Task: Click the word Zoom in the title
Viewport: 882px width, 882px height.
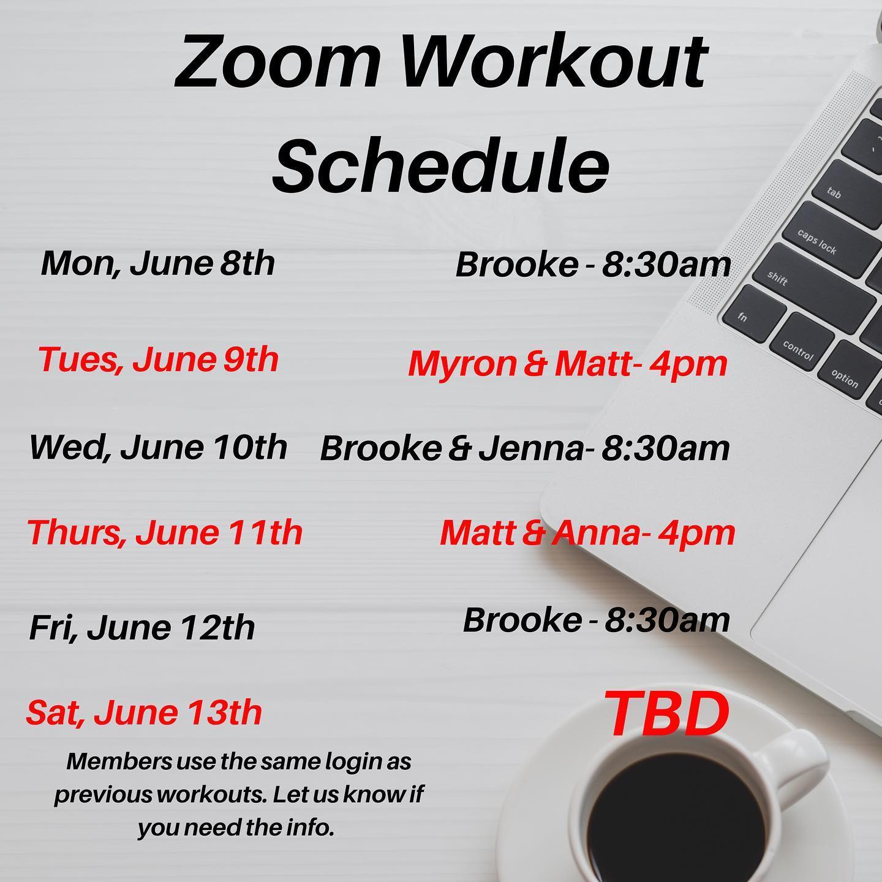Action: click(277, 62)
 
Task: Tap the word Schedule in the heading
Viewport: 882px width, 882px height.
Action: click(441, 164)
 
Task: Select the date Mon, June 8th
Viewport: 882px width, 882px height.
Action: click(158, 264)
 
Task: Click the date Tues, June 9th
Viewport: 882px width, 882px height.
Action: click(159, 360)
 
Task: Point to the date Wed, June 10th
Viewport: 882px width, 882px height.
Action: click(159, 447)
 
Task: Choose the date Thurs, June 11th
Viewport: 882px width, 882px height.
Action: click(165, 532)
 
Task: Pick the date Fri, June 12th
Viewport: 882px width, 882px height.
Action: click(142, 628)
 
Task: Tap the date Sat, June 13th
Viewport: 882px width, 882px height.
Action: click(144, 713)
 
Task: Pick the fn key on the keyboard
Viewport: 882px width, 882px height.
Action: click(753, 313)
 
